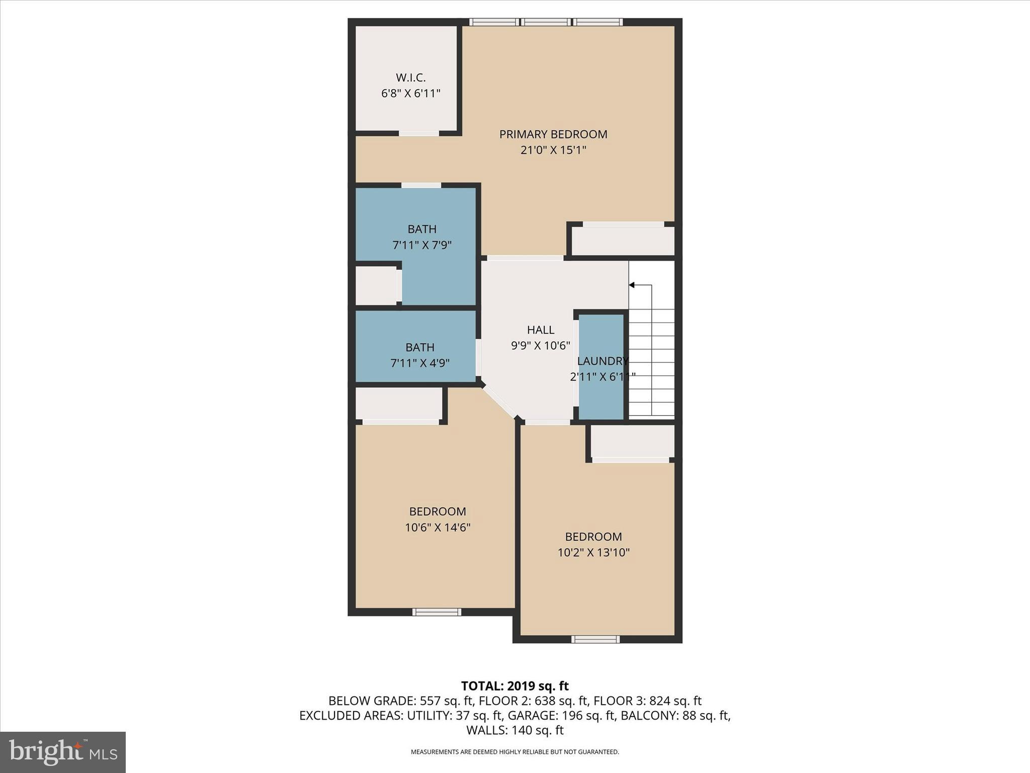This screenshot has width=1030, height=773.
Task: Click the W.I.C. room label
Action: pos(410,78)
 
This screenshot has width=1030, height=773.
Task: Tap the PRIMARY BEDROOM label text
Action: pos(553,134)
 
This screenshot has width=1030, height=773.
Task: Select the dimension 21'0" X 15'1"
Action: pos(553,150)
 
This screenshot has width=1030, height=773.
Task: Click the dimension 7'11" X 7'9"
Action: pos(422,245)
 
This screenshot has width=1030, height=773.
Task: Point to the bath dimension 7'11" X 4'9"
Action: pos(420,363)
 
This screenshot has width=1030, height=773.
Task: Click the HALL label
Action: pos(540,330)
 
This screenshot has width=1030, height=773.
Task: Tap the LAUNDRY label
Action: pos(602,361)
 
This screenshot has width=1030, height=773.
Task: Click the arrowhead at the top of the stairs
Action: pos(632,285)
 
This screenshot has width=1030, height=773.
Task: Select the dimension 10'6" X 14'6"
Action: pos(437,527)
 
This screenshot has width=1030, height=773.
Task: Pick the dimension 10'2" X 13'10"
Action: pos(593,553)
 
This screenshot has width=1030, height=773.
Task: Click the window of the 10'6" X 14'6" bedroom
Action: pos(437,612)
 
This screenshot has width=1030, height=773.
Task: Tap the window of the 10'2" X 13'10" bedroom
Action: pos(595,639)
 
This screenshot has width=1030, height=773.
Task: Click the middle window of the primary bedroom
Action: pos(546,22)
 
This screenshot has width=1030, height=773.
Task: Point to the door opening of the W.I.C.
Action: pos(419,133)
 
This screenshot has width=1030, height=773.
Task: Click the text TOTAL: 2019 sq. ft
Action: pos(514,686)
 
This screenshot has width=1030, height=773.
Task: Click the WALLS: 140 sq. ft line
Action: pos(514,730)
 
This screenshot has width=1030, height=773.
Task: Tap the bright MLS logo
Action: pos(63,752)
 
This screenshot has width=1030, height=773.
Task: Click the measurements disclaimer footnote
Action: pos(514,752)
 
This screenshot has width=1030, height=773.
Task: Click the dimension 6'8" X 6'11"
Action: pos(410,94)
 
